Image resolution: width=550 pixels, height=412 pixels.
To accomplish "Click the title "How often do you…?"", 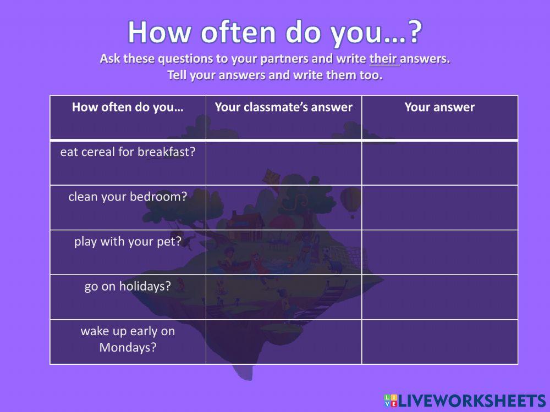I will (x=275, y=32).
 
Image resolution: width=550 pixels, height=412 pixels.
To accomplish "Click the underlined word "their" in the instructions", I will (x=384, y=59).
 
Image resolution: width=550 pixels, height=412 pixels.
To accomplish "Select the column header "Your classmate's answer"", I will (x=284, y=107).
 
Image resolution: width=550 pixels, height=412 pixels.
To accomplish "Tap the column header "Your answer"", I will (x=439, y=107).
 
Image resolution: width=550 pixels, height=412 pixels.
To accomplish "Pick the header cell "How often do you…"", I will (x=128, y=107).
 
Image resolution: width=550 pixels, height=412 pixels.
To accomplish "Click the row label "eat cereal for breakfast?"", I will (x=128, y=152).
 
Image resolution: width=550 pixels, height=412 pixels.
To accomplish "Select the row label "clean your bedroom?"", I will (x=128, y=197).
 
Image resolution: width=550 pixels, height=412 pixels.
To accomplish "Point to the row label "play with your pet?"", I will (x=128, y=242).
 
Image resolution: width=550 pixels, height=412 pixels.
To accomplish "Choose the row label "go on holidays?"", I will (x=128, y=287).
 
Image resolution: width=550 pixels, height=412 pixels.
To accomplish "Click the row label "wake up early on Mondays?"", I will (x=128, y=339).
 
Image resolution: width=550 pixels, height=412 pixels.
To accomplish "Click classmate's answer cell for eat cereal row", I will (x=284, y=163).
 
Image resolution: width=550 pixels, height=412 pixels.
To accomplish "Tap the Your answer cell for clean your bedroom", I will (x=439, y=208).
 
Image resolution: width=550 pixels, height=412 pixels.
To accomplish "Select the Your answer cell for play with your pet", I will (x=439, y=252).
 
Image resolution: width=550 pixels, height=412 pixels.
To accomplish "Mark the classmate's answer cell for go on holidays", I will (x=284, y=297).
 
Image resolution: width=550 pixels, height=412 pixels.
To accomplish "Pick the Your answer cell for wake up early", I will (x=439, y=342).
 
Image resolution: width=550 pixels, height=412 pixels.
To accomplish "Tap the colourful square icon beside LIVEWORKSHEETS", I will (x=391, y=400).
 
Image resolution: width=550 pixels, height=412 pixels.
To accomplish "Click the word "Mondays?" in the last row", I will (x=128, y=347).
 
